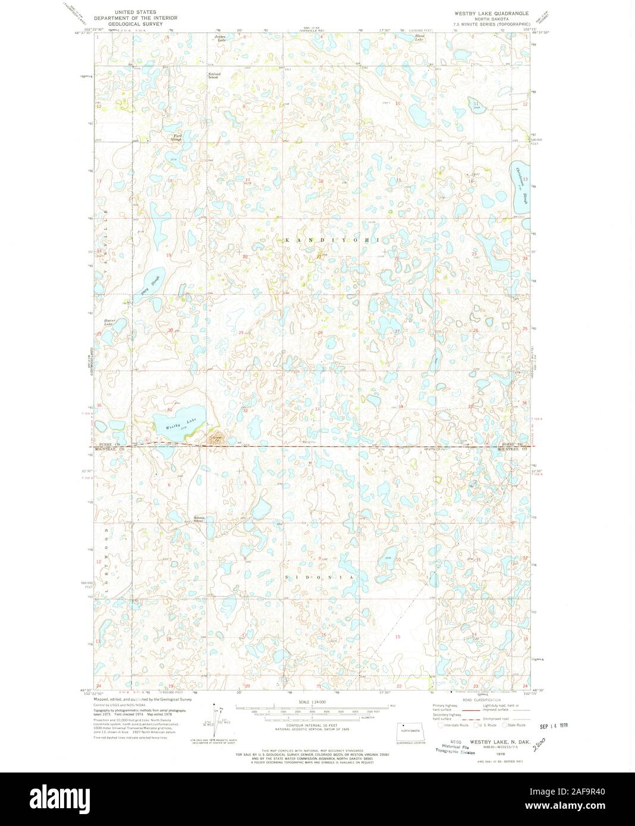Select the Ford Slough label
(177, 137)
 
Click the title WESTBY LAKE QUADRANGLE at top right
(491, 12)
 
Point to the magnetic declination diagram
(216, 720)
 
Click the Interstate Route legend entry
(454, 725)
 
